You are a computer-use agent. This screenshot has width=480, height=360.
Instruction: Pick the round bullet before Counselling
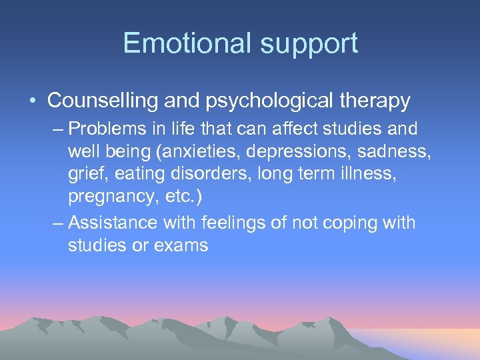point(33,101)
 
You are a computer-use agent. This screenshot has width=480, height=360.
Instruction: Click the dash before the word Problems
point(58,128)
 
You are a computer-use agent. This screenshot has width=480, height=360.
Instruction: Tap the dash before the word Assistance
point(58,222)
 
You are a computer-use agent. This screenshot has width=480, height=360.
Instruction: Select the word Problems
point(107,128)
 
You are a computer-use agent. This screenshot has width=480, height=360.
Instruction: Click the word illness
point(345,175)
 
